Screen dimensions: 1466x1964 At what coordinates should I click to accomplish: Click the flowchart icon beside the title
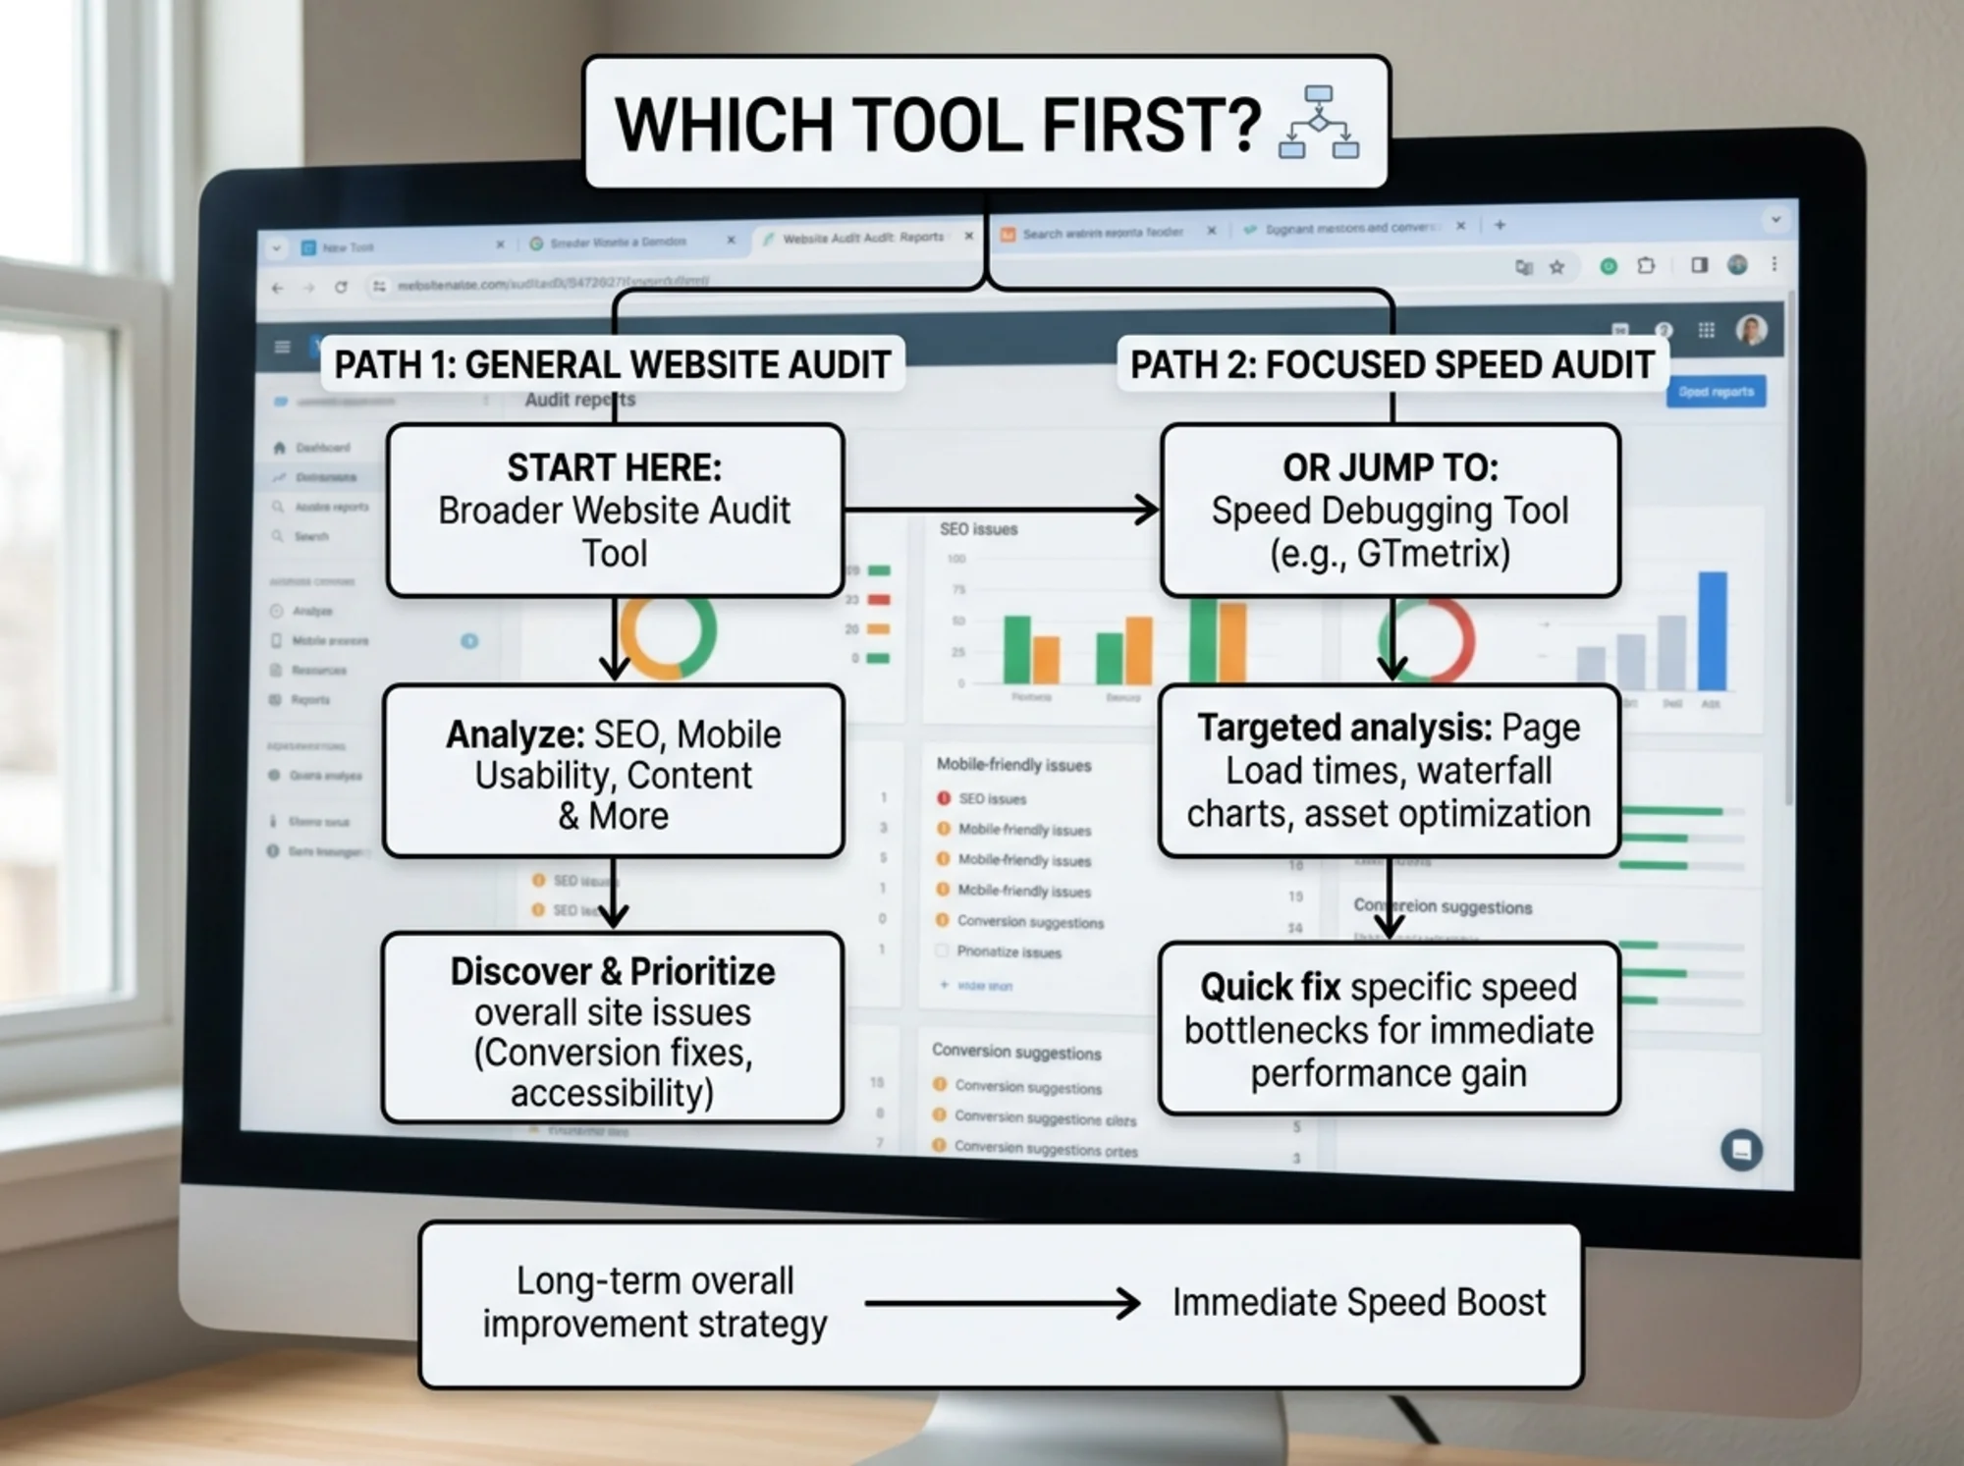pos(1319,122)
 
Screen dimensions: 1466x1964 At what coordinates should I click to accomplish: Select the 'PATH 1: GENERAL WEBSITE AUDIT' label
pos(612,365)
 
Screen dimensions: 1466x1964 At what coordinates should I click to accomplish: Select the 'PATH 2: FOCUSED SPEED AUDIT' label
pos(1391,365)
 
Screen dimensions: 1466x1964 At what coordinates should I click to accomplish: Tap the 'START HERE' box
pos(615,511)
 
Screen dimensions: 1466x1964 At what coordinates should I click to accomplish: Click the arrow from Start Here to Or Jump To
pos(1002,510)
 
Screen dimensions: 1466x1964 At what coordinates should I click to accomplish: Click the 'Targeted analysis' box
pos(1389,771)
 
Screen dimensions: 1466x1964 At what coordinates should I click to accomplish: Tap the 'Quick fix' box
pos(1389,1029)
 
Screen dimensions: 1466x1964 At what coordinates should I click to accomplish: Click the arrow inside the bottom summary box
pos(1002,1304)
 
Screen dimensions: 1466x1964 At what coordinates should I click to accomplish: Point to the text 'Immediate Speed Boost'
pos(1358,1303)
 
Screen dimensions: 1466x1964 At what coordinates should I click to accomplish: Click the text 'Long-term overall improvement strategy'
pos(654,1303)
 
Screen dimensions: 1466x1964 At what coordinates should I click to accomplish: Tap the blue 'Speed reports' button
pos(1716,392)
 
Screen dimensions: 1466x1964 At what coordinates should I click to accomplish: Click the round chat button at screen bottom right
pos(1741,1149)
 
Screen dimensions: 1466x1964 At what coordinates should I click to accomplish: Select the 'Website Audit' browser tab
pos(861,238)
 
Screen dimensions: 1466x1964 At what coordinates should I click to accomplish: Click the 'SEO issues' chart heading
pos(978,529)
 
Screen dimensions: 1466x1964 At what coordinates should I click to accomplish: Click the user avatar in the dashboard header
pos(1751,330)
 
